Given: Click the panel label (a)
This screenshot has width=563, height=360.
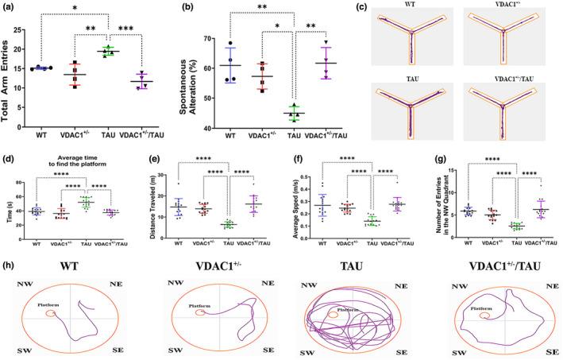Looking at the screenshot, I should point(8,6).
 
